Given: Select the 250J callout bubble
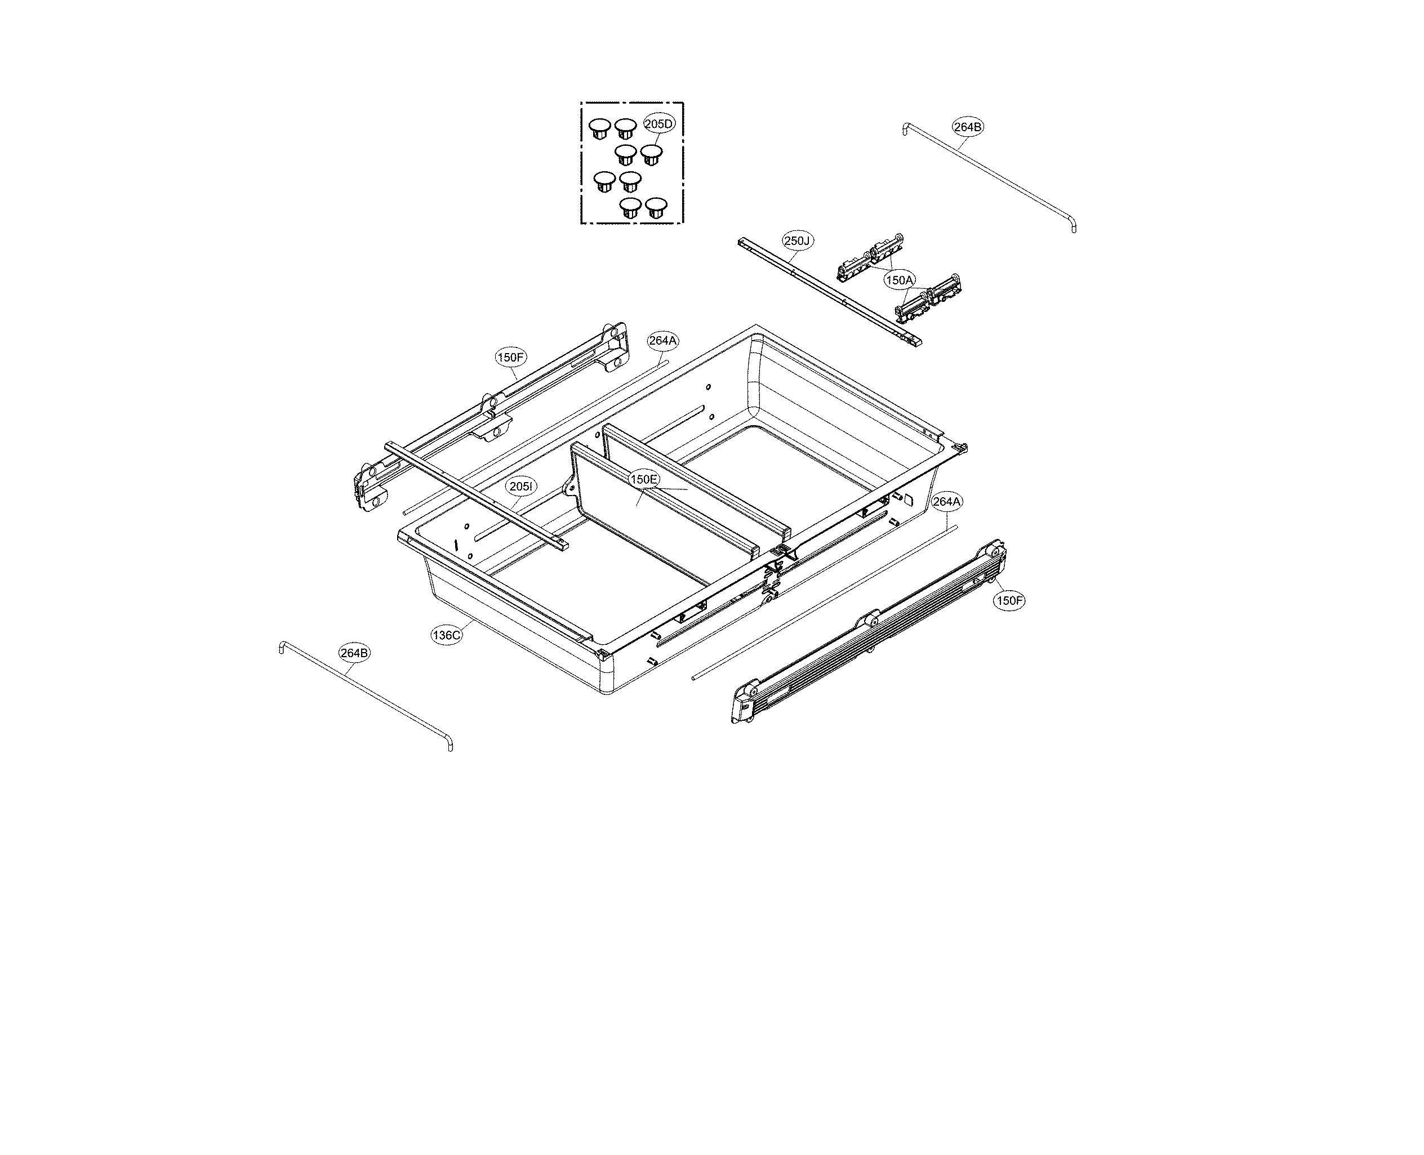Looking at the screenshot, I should pos(796,241).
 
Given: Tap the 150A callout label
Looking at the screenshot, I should pos(899,280).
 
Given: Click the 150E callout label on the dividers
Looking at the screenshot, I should pos(644,479).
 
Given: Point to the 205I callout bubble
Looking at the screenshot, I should pos(520,487).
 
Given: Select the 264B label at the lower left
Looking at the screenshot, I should pos(354,653).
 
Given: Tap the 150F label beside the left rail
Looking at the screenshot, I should pos(511,357).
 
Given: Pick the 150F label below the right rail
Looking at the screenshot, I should pos(1009,601).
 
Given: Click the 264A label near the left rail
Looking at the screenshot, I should pos(663,341).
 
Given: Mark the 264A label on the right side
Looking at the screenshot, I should pos(946,502).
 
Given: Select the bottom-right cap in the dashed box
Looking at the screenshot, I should pos(656,206).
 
